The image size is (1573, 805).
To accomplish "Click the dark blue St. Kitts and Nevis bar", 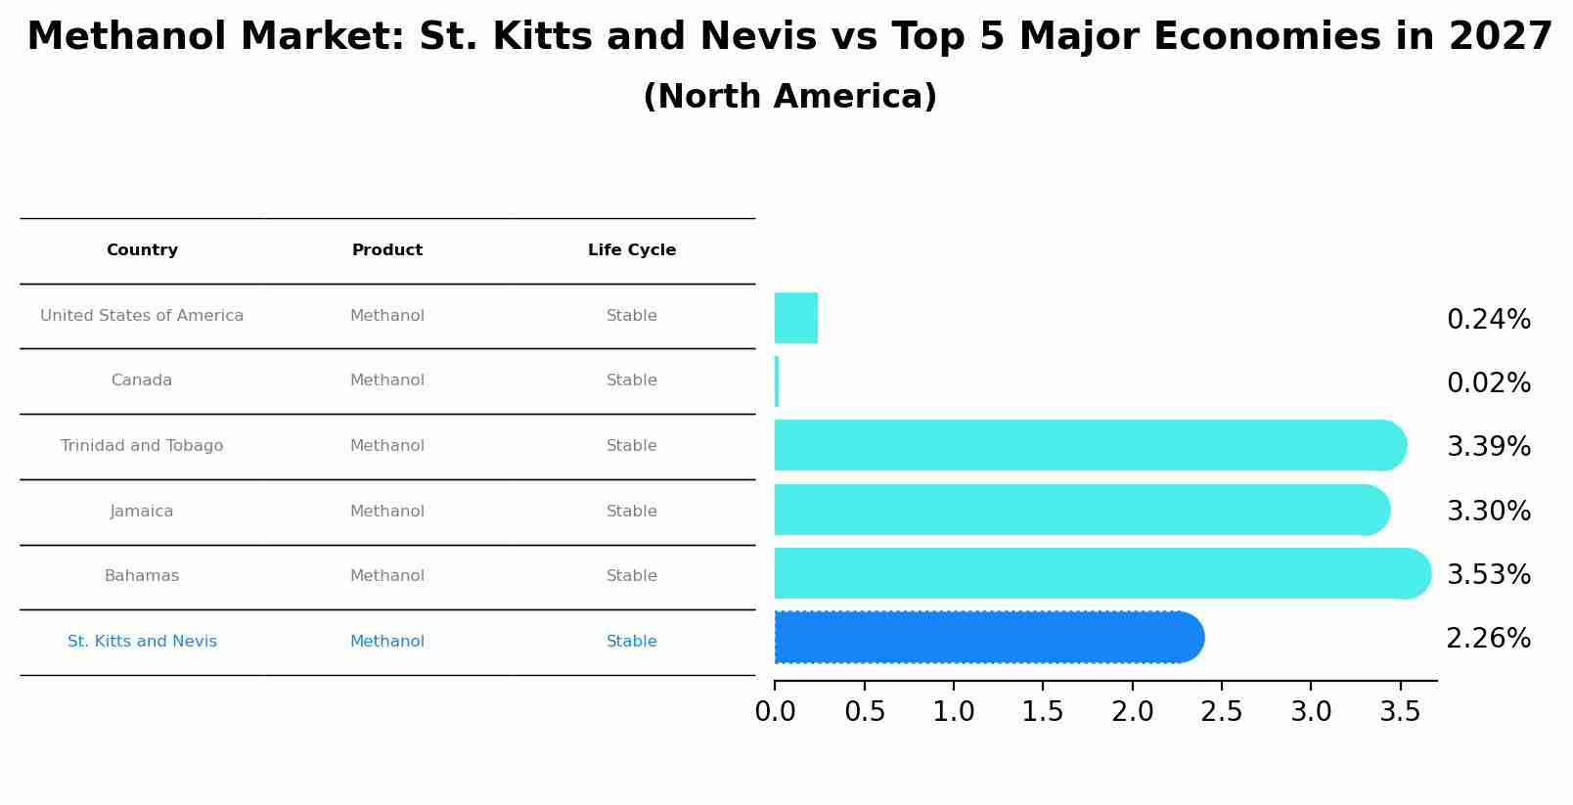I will (x=988, y=638).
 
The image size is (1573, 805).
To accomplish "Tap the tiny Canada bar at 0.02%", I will (x=777, y=381).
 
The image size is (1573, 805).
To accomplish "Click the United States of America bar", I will (x=796, y=318).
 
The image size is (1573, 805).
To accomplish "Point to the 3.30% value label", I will (x=1488, y=511).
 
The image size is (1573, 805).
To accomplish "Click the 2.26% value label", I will (x=1488, y=639).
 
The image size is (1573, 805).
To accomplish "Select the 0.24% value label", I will (x=1488, y=320).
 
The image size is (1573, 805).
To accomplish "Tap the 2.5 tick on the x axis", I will (x=1221, y=712).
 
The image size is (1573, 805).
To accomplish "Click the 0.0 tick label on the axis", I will (x=775, y=712).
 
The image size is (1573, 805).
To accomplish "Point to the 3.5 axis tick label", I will (x=1400, y=712).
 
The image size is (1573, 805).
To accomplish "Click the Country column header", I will (x=142, y=250).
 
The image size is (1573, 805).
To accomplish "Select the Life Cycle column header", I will (x=632, y=250).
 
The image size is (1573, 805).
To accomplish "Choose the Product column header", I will (x=387, y=250).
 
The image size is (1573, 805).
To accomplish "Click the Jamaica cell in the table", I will (x=142, y=512).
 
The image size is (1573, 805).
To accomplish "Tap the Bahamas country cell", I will (x=142, y=576).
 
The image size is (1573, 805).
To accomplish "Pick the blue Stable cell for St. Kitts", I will (x=632, y=642).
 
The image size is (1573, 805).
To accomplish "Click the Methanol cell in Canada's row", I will (x=387, y=380).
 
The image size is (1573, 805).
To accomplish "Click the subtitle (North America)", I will (x=789, y=97).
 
